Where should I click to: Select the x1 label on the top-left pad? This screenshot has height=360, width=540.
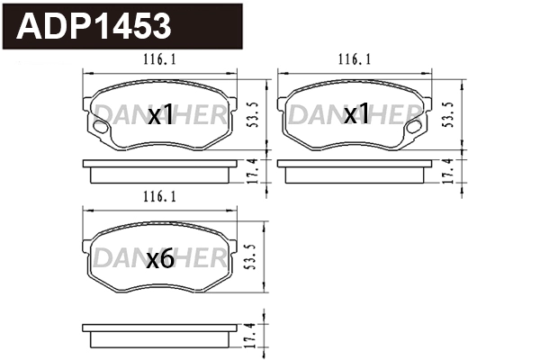pos(160,115)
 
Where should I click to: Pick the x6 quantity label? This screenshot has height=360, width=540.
pos(159,259)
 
